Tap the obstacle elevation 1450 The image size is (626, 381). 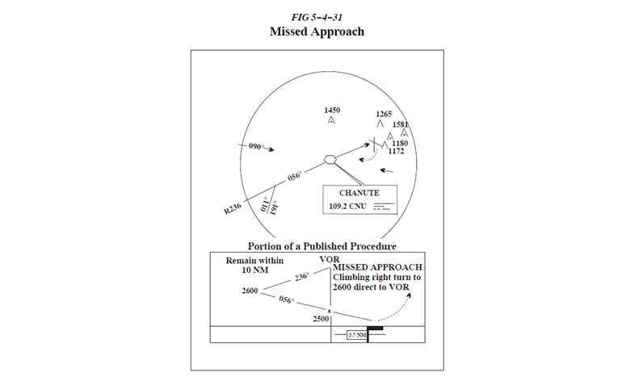331,110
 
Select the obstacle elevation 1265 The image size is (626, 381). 384,114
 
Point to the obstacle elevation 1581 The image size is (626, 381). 400,125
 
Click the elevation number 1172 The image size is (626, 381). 396,151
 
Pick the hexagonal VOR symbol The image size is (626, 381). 330,159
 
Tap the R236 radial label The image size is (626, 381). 233,210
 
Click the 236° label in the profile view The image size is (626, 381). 302,275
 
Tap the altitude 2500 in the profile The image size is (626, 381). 320,320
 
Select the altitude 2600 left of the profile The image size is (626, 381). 250,291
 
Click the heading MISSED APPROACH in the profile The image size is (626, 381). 377,267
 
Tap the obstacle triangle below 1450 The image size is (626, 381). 331,121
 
